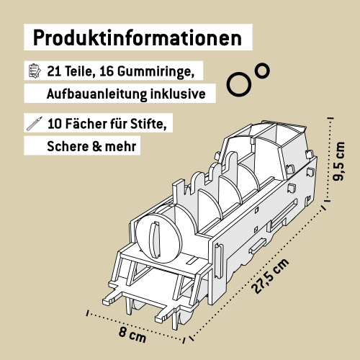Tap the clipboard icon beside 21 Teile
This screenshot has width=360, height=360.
tap(33, 71)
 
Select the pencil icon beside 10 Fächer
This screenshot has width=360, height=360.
tap(33, 122)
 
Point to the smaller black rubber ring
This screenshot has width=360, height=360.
tap(262, 70)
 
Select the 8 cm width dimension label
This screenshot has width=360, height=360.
tap(132, 335)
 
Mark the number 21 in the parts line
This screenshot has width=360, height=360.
tap(55, 72)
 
